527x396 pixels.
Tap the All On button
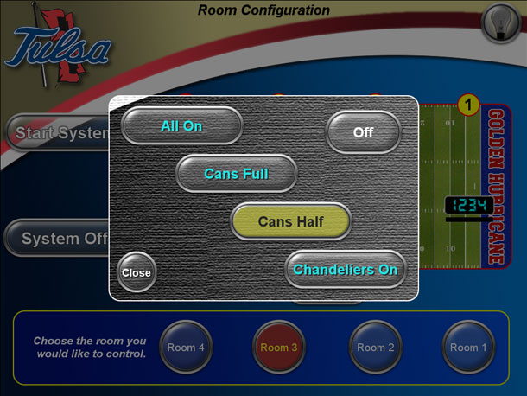(181, 126)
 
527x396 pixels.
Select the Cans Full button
(236, 174)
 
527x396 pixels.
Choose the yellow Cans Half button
(290, 222)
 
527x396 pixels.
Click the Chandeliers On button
(345, 270)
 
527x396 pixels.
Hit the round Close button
(136, 272)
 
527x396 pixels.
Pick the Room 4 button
(185, 348)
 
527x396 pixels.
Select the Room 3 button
(278, 348)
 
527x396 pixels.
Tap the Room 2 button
(375, 348)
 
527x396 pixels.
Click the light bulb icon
(498, 22)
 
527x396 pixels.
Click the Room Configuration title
(263, 10)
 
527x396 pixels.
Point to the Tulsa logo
(55, 48)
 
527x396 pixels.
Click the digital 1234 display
(468, 206)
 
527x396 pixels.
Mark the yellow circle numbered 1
(467, 105)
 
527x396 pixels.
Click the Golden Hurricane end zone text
(496, 186)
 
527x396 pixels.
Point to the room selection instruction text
(90, 348)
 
